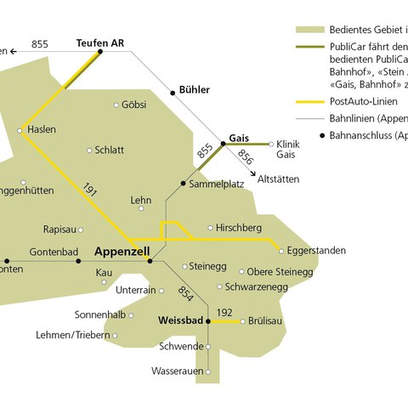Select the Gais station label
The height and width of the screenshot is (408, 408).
point(239,137)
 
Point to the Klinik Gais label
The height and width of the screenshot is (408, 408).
point(290,149)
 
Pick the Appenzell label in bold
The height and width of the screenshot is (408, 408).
point(122,252)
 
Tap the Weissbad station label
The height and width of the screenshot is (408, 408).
point(182,321)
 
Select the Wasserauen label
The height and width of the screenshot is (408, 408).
point(177,371)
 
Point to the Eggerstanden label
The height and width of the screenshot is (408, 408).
point(316,252)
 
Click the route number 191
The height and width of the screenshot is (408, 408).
point(91,191)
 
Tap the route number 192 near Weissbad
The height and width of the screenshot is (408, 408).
point(224,313)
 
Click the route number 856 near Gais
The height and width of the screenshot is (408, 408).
point(245,157)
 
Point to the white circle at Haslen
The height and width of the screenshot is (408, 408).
point(20,130)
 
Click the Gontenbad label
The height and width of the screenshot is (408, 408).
point(54,252)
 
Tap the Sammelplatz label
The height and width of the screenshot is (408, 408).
point(217,184)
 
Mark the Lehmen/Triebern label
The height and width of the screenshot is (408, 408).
point(72,335)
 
